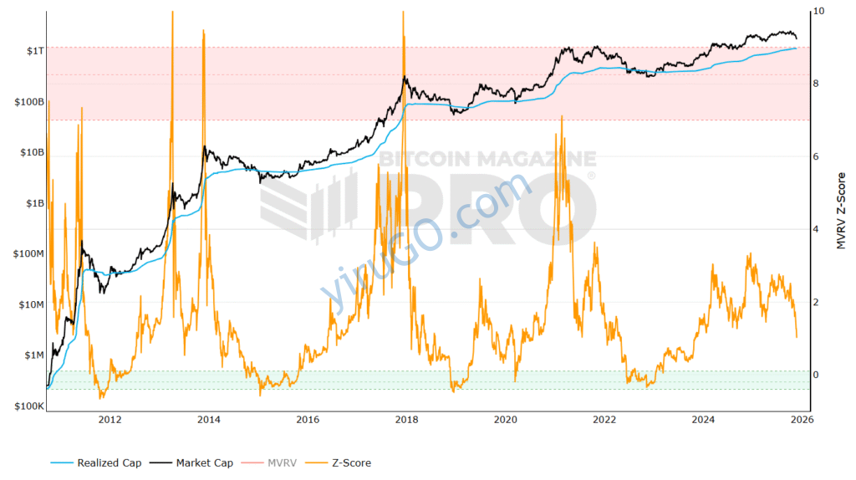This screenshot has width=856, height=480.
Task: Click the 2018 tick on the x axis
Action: (x=407, y=420)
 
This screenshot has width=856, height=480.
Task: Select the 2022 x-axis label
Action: (x=604, y=420)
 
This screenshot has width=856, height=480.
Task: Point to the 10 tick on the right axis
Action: (x=818, y=11)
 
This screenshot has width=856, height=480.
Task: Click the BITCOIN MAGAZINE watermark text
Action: (x=487, y=159)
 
